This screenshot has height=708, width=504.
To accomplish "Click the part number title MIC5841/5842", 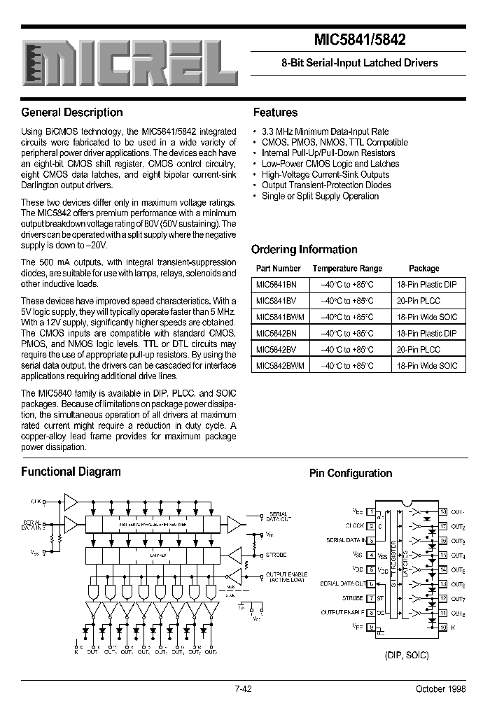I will tap(357, 41).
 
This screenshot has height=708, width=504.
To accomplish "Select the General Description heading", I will tap(72, 113).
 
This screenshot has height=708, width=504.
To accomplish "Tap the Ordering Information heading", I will tap(304, 249).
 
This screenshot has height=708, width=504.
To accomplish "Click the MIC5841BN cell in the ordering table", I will tap(276, 285).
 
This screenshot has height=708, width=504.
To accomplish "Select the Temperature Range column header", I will tap(347, 269).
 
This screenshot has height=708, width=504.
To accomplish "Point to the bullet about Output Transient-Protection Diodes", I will tap(326, 185).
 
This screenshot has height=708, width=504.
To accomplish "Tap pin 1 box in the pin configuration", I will tap(372, 511).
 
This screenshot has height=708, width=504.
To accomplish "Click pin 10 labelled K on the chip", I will tap(443, 628).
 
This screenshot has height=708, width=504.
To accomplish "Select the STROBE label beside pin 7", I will tap(353, 598).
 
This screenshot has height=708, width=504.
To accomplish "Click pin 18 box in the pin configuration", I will tap(443, 511).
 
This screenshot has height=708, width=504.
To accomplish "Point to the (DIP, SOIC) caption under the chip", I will tap(407, 655).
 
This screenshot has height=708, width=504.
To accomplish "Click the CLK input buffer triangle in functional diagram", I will tap(71, 500).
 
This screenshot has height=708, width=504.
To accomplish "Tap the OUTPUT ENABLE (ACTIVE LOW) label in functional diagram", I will tap(286, 577).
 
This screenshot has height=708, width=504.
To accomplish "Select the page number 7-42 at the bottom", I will tap(243, 689).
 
